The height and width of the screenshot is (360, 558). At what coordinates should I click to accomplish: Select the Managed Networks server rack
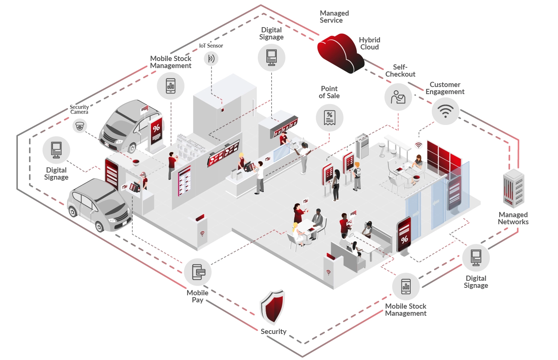(513, 188)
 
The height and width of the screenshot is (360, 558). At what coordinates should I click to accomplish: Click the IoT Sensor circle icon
(211, 58)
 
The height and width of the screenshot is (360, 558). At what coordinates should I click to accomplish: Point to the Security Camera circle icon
(80, 126)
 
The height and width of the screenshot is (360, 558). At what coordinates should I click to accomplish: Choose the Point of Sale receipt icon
(329, 118)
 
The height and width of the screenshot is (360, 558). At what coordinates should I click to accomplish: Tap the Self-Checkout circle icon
(398, 97)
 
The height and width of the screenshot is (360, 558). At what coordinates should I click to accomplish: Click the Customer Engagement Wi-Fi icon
(445, 111)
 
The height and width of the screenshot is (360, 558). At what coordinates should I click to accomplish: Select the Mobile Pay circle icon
(198, 272)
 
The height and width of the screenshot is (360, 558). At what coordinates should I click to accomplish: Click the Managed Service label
(334, 17)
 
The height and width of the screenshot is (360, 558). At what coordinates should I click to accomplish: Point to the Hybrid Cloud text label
(369, 44)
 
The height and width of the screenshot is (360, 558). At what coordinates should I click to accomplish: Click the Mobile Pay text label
(198, 296)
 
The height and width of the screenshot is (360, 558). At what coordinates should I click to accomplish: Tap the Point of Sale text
(329, 92)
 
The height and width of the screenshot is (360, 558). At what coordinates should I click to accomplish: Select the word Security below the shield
(273, 331)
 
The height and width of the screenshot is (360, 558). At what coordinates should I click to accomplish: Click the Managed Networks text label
(513, 218)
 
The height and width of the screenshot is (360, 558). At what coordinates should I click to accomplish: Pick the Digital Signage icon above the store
(272, 58)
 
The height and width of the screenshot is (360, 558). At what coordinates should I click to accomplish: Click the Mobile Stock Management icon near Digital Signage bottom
(406, 286)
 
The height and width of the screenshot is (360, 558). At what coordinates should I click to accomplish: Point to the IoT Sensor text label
(211, 46)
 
